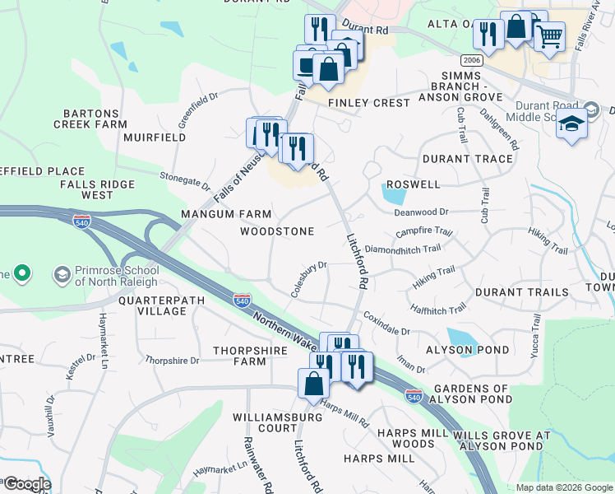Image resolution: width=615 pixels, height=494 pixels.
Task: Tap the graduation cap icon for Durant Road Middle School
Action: pyautogui.click(x=571, y=124)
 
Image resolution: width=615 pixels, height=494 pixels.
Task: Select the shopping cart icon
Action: pyautogui.click(x=548, y=37)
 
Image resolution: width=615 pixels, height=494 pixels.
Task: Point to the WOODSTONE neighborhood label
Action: pyautogui.click(x=277, y=232)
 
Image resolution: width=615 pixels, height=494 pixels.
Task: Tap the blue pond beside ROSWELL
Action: pyautogui.click(x=395, y=195)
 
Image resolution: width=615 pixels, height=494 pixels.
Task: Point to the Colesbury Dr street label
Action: pyautogui.click(x=309, y=280)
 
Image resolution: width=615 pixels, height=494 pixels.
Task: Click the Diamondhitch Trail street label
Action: pyautogui.click(x=403, y=248)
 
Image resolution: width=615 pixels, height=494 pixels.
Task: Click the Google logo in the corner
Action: pyautogui.click(x=26, y=484)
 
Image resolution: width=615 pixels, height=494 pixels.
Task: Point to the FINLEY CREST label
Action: pyautogui.click(x=369, y=103)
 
